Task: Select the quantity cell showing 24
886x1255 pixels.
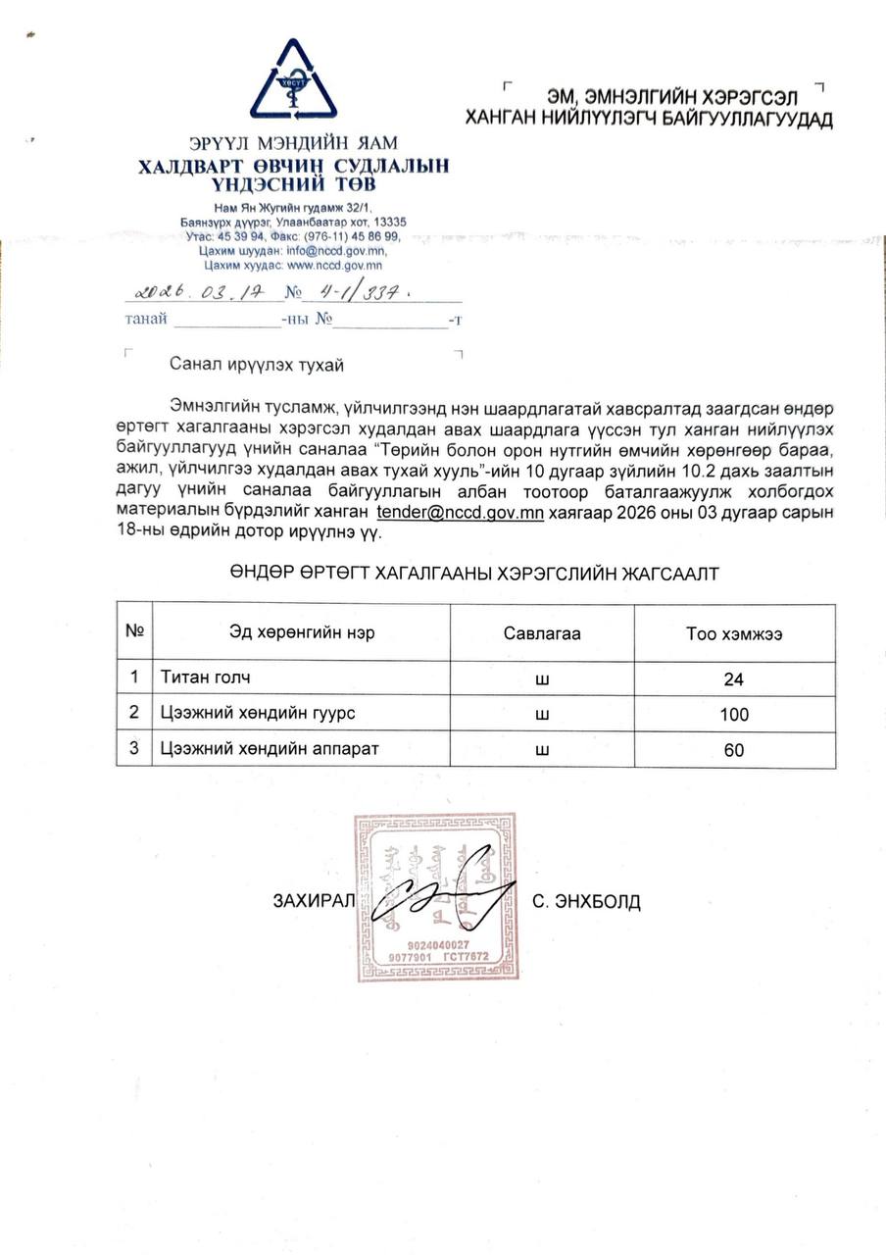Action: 734,679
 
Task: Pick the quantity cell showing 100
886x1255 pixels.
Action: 734,715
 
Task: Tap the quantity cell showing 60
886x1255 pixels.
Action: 734,750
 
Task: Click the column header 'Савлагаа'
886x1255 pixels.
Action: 541,633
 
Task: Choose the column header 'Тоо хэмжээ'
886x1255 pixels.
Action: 734,633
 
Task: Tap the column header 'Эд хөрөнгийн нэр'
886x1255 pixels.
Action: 302,633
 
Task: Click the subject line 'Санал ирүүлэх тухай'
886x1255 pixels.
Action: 257,365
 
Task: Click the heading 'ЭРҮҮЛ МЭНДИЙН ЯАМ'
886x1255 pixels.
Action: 294,143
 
